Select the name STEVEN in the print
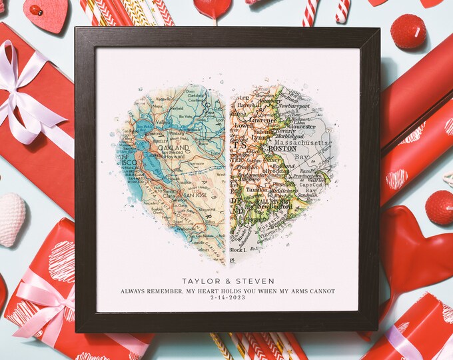tap(254, 281)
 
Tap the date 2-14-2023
tap(227, 301)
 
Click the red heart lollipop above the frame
tap(213, 9)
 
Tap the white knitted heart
tap(11, 218)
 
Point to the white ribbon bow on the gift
tap(23, 97)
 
